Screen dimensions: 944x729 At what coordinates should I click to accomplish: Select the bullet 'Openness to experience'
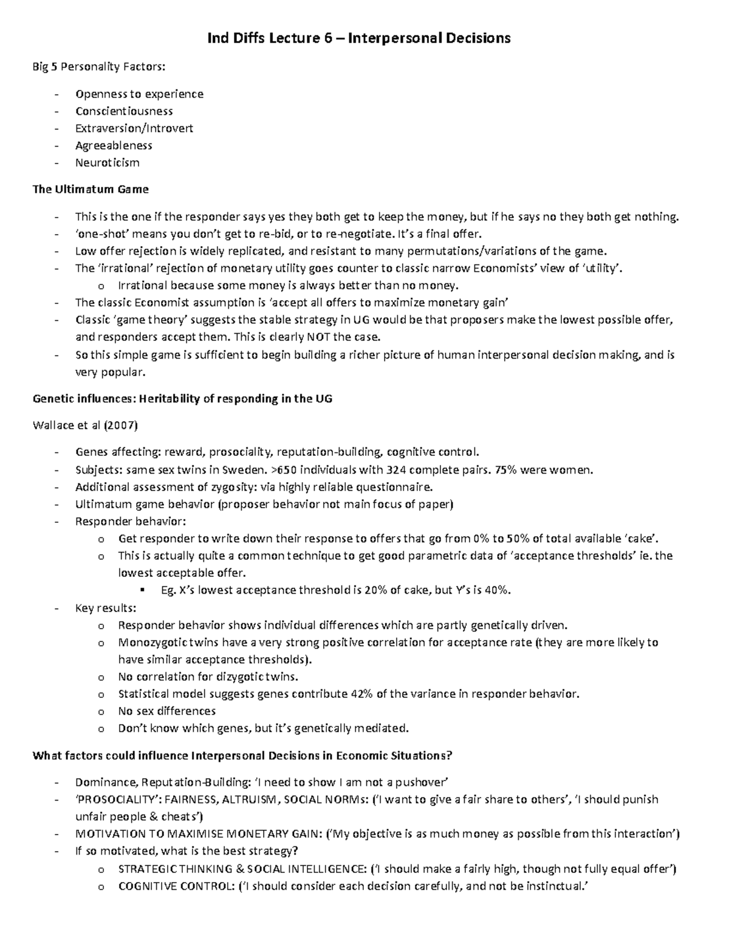point(139,94)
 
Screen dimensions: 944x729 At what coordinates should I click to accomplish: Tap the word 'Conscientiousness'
point(124,111)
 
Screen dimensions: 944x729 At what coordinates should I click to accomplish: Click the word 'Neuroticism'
point(108,163)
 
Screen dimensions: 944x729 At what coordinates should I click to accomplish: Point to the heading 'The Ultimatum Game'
point(90,190)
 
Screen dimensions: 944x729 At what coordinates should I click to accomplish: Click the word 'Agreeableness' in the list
point(114,146)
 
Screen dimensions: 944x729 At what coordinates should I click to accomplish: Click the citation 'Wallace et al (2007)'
point(85,425)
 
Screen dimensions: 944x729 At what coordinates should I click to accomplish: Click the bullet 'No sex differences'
point(166,711)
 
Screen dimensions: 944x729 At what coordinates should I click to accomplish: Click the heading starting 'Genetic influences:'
point(182,399)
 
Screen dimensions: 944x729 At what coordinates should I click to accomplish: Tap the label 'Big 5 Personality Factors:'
point(98,67)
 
